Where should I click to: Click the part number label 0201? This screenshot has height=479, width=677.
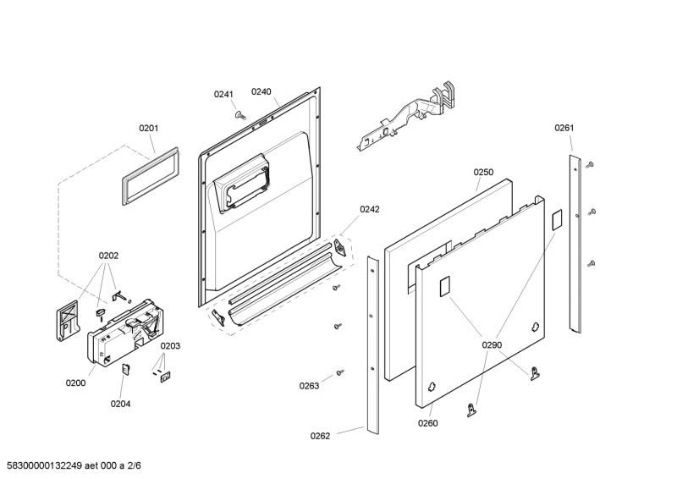(x=149, y=129)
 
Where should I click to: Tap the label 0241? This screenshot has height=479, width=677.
(x=223, y=94)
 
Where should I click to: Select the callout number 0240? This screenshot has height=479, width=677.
(x=261, y=91)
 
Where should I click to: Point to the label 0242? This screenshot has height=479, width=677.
(x=370, y=209)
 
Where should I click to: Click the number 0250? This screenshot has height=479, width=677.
(x=483, y=172)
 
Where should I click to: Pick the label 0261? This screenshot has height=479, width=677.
(x=564, y=128)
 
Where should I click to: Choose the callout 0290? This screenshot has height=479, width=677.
(x=493, y=345)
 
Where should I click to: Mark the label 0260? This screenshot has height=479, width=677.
(x=428, y=423)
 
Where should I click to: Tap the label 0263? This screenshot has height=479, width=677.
(x=309, y=386)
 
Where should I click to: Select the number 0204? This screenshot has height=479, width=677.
(x=121, y=404)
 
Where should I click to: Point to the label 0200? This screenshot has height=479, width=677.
(x=76, y=383)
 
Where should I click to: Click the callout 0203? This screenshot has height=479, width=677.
(x=171, y=345)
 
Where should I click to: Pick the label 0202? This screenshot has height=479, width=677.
(x=108, y=255)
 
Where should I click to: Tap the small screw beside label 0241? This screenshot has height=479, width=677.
(x=240, y=115)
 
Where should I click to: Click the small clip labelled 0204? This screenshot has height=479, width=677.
(x=126, y=368)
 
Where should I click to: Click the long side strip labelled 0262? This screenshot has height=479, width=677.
(x=372, y=347)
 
